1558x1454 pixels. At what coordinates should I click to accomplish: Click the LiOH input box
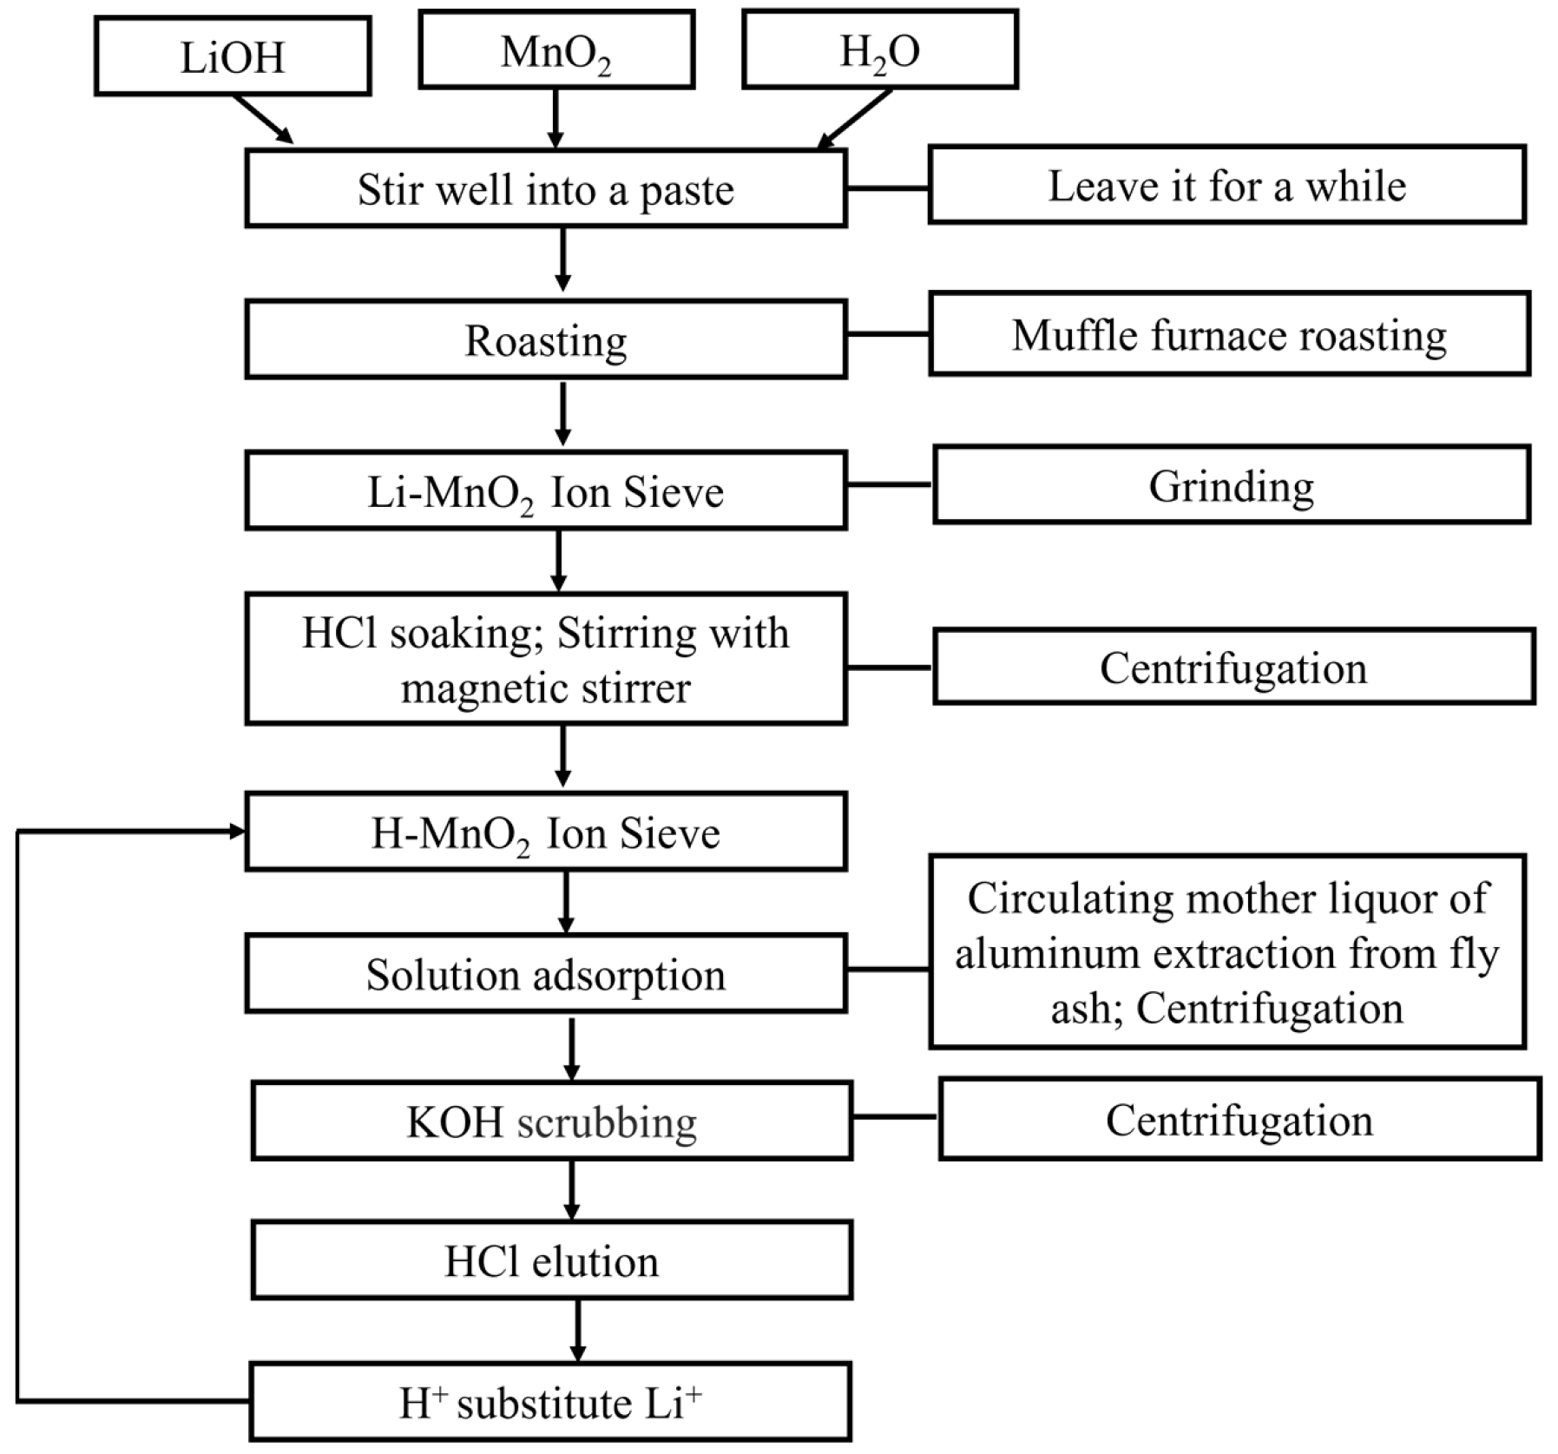click(233, 56)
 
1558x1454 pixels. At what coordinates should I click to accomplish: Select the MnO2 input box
click(556, 50)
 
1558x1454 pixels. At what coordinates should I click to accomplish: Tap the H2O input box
click(879, 50)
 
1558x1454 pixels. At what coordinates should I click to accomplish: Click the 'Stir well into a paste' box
click(545, 188)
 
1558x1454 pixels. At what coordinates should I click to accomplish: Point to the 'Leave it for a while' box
click(1226, 185)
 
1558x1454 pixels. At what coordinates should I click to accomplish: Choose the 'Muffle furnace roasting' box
click(1229, 334)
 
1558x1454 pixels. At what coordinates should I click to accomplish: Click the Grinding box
click(1231, 485)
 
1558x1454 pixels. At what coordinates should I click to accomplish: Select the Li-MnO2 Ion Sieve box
click(545, 491)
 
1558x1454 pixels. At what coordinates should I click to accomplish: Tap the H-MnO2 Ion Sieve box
click(545, 832)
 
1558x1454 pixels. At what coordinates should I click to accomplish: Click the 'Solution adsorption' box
click(545, 974)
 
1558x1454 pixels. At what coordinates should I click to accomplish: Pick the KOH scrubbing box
click(551, 1121)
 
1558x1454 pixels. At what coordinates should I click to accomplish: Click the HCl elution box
click(551, 1260)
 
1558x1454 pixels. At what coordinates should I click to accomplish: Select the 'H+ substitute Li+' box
click(550, 1402)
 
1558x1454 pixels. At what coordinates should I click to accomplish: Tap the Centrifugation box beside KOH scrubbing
click(1239, 1120)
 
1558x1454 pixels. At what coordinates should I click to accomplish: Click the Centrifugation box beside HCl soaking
click(1233, 668)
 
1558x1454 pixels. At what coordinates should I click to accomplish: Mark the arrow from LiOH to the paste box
click(263, 119)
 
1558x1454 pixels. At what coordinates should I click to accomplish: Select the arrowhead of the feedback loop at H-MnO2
click(237, 832)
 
